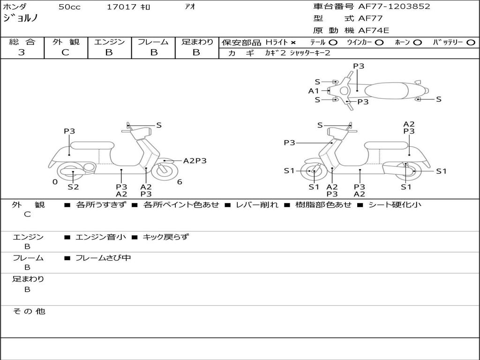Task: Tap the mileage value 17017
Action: pyautogui.click(x=121, y=7)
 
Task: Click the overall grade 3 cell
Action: pyautogui.click(x=22, y=52)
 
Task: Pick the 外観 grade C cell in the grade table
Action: pyautogui.click(x=66, y=52)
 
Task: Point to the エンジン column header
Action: pyautogui.click(x=109, y=42)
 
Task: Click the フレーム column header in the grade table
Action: pyautogui.click(x=153, y=42)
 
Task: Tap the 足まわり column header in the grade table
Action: pyautogui.click(x=197, y=42)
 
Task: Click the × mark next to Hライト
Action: pyautogui.click(x=293, y=43)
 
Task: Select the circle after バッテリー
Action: pyautogui.click(x=471, y=43)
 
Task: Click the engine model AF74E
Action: pyautogui.click(x=374, y=30)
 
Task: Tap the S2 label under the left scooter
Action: pyautogui.click(x=73, y=187)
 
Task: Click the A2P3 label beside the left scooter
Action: pyautogui.click(x=195, y=161)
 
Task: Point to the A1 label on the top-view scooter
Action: pyautogui.click(x=314, y=91)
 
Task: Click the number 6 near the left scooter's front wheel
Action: pyautogui.click(x=180, y=182)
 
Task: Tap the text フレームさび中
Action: pyautogui.click(x=103, y=258)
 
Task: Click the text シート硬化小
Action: pyautogui.click(x=395, y=204)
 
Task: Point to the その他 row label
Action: pyautogui.click(x=29, y=311)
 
